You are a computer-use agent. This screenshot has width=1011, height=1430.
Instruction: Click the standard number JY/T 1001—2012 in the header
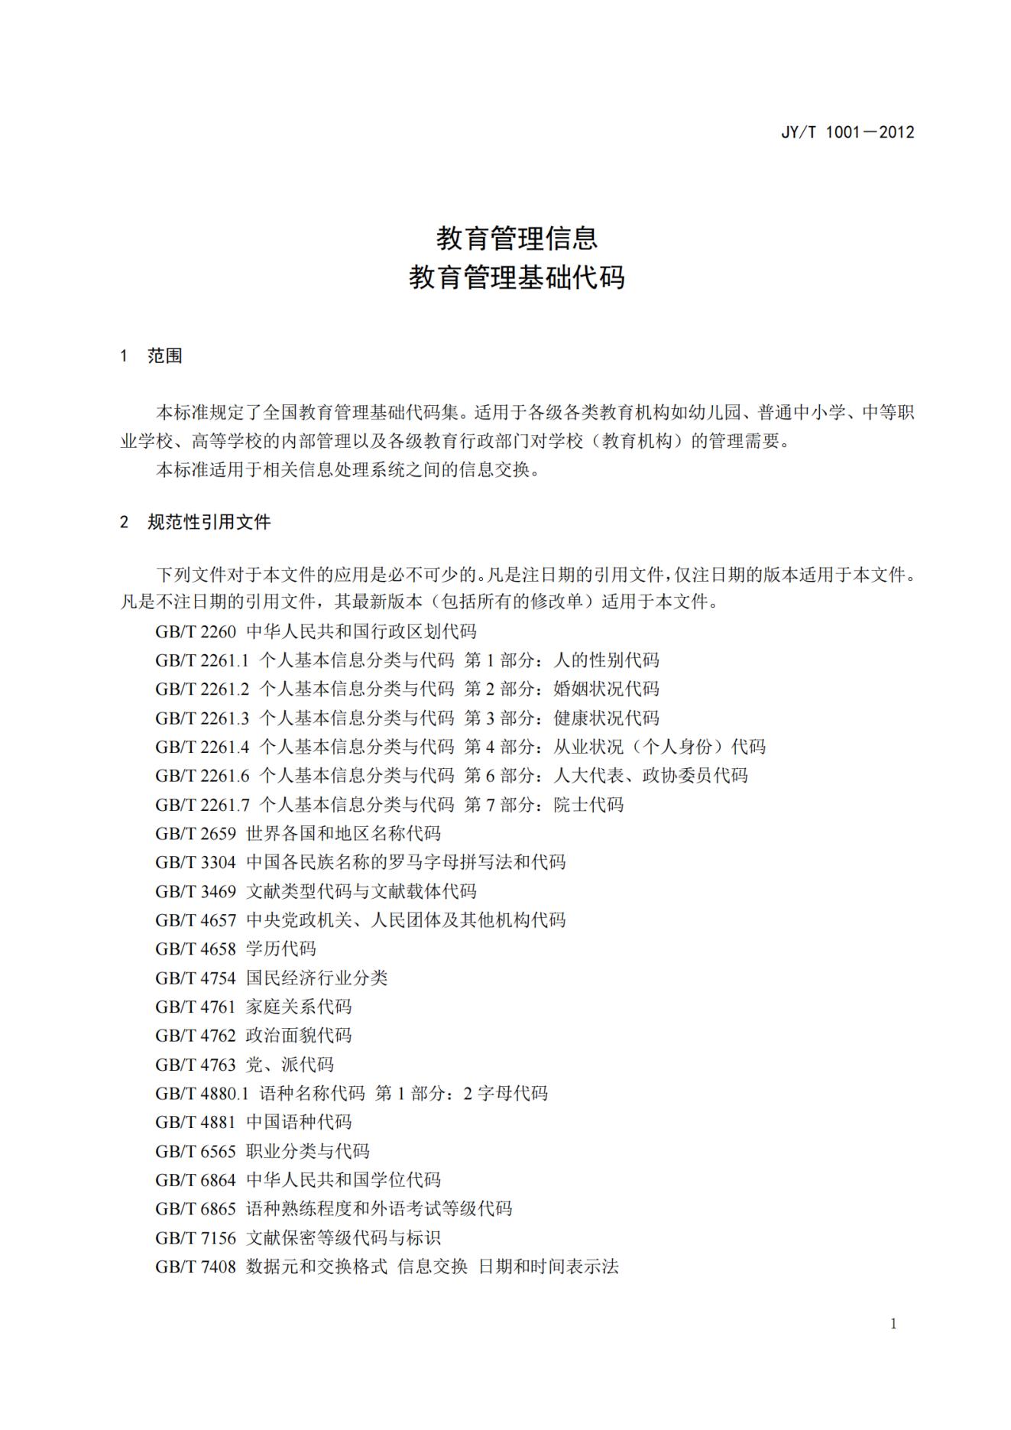tap(847, 132)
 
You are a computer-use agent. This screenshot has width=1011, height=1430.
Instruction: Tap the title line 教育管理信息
tap(517, 238)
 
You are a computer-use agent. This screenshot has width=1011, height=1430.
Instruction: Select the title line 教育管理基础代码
tap(517, 277)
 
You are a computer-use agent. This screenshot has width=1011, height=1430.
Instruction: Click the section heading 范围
tap(164, 356)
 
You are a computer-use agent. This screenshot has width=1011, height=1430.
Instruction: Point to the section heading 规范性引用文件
tap(209, 522)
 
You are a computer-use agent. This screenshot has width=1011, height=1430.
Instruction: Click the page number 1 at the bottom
tap(893, 1324)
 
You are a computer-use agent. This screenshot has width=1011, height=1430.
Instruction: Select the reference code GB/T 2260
tap(196, 631)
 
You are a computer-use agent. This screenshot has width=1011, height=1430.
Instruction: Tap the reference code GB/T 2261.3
tap(202, 718)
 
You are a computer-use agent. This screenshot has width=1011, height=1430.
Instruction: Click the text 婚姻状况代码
tap(606, 689)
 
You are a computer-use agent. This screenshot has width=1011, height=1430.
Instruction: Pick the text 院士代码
tap(588, 804)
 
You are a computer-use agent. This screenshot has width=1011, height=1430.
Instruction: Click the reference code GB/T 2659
tap(196, 833)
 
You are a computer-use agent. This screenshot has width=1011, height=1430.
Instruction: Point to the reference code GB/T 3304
tap(196, 862)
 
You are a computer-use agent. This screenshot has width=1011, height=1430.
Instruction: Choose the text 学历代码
tap(280, 948)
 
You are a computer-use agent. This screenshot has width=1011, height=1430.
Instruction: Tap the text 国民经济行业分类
tap(316, 978)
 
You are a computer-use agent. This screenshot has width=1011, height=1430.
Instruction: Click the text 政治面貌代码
tap(299, 1036)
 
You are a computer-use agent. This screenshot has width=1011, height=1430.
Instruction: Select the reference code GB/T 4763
tap(196, 1065)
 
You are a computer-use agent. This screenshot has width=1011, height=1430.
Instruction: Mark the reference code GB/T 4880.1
tap(202, 1093)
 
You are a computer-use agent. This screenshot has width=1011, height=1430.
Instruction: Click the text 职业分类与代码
tap(307, 1151)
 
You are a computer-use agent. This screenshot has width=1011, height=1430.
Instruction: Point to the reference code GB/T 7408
tap(196, 1266)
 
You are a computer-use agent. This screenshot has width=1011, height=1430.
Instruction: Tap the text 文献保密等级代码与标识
tap(343, 1237)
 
